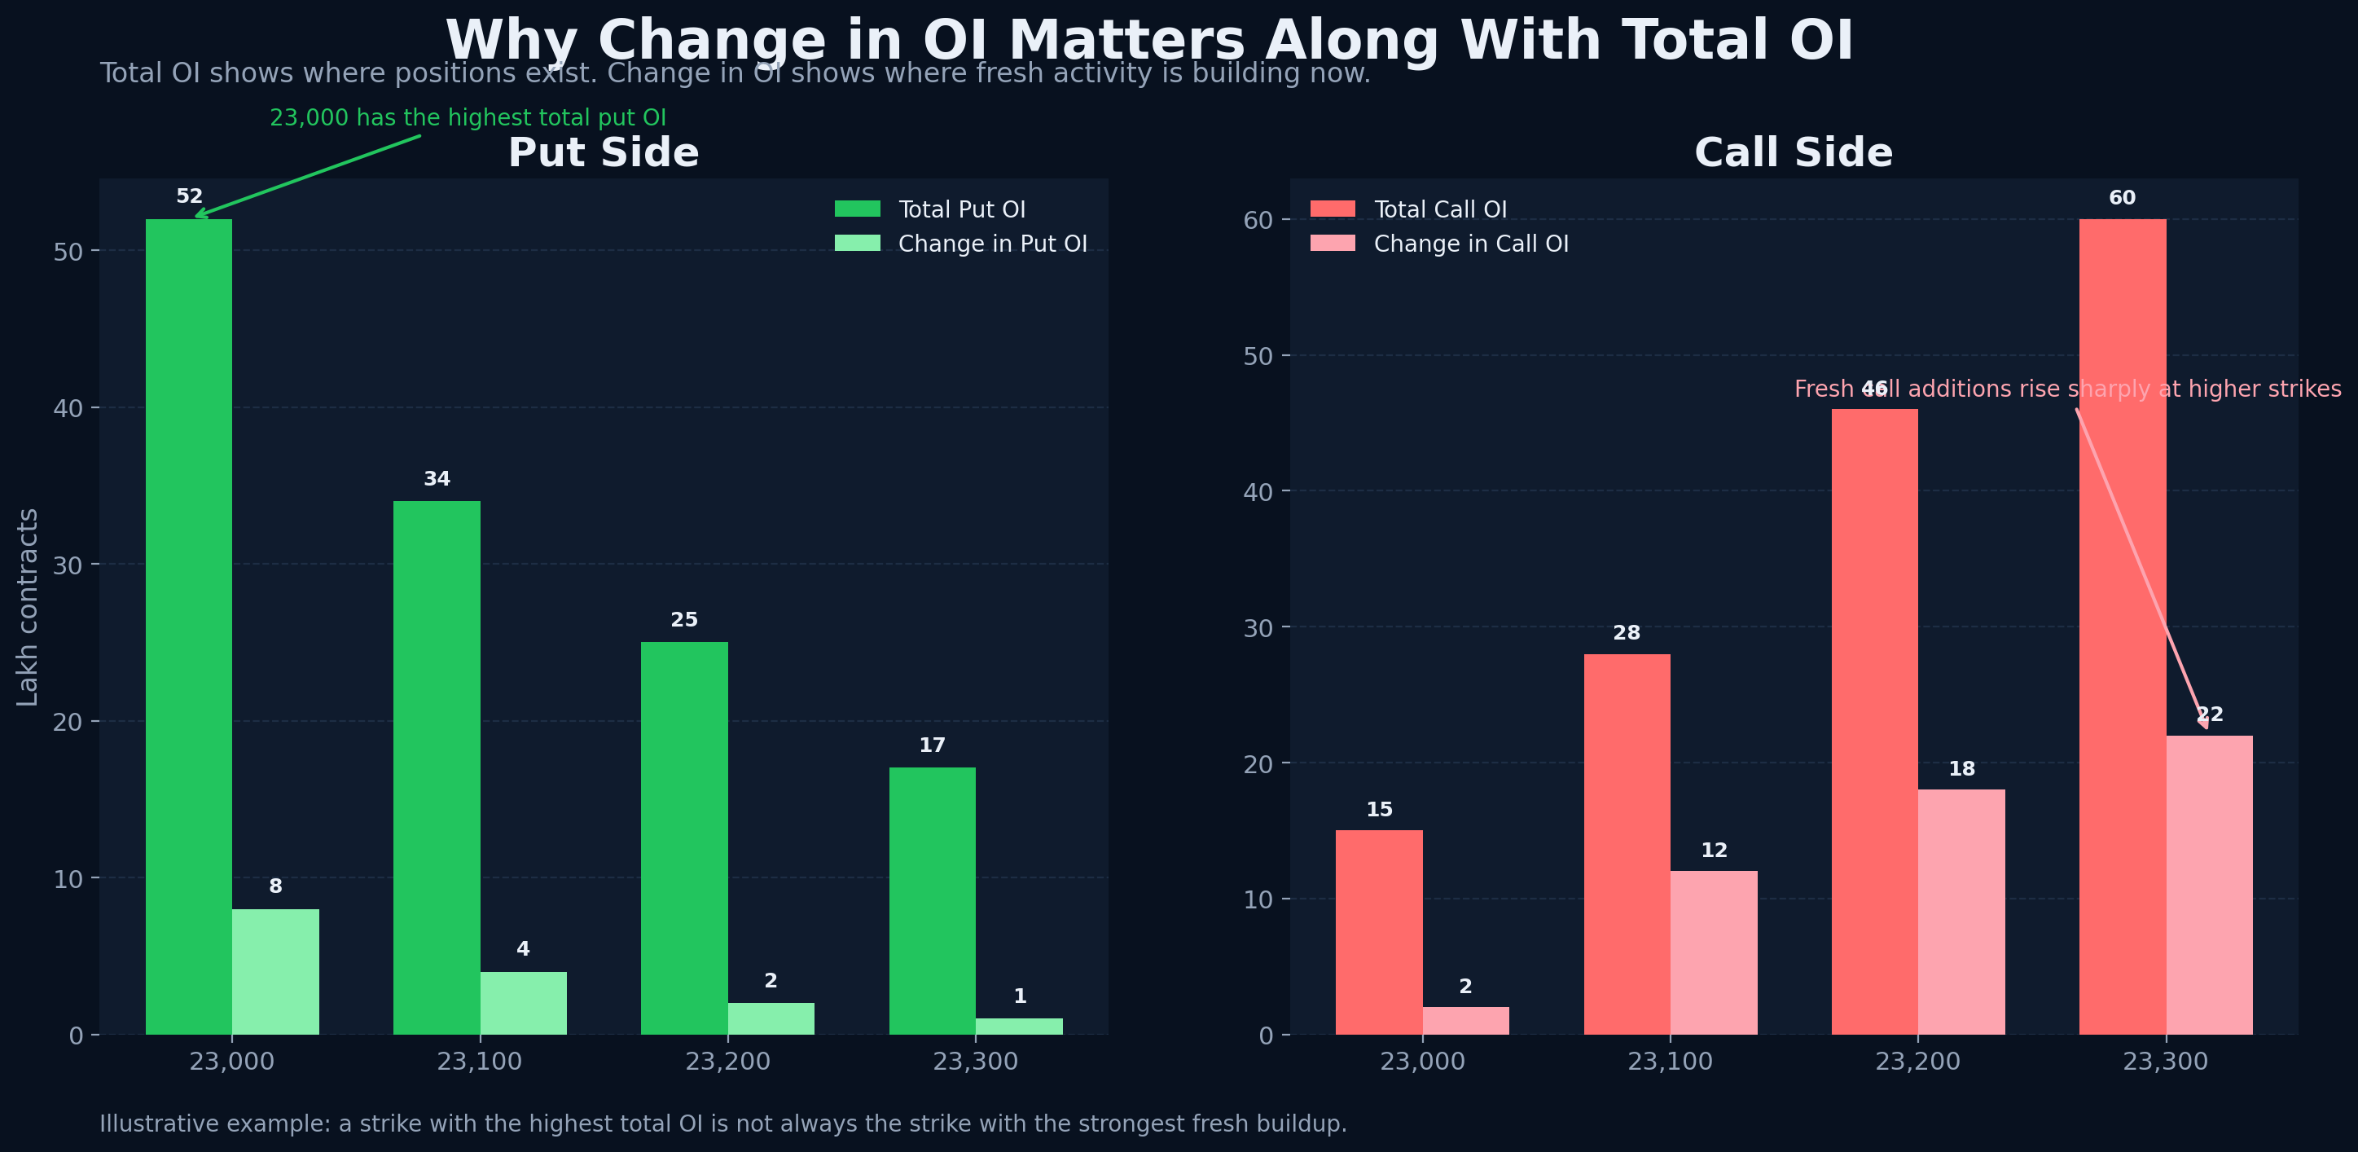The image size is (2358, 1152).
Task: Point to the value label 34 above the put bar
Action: point(437,479)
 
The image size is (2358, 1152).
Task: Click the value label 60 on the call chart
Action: point(2122,198)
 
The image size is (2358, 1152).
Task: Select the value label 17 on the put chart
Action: point(932,745)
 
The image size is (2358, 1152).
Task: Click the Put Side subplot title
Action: point(604,153)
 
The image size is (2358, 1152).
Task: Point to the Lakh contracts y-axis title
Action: point(29,607)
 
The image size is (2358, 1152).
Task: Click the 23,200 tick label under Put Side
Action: point(727,1062)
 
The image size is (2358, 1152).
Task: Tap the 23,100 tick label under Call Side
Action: point(1670,1062)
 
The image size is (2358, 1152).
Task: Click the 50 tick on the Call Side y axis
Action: point(1258,356)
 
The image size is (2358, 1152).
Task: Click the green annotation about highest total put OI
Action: point(468,118)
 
